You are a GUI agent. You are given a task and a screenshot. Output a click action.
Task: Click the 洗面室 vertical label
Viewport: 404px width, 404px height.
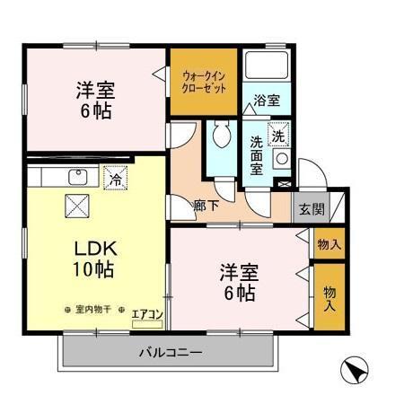256,154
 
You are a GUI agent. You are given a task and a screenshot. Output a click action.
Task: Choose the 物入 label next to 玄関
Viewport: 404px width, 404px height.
327,242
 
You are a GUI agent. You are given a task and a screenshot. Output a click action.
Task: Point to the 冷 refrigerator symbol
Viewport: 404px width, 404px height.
115,180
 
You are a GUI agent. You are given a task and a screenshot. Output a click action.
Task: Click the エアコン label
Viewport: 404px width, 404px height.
146,314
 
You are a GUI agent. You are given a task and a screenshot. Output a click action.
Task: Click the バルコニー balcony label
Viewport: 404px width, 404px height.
170,351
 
